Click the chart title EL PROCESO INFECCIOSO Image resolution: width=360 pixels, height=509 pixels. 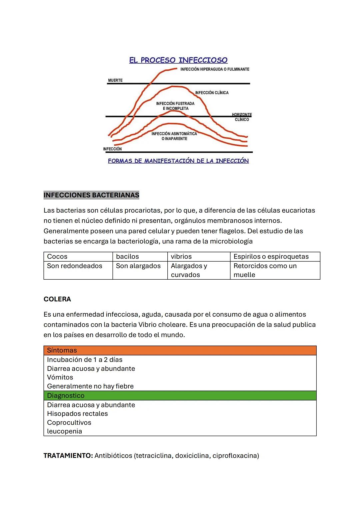click(178, 60)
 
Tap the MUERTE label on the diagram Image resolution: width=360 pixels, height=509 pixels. click(115, 80)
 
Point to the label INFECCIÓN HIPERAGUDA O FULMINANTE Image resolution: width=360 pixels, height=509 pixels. click(215, 69)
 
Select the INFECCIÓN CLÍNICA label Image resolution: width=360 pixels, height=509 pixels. click(212, 93)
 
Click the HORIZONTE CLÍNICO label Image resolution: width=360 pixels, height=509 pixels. click(242, 117)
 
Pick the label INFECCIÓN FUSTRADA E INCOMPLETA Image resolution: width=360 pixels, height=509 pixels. click(175, 106)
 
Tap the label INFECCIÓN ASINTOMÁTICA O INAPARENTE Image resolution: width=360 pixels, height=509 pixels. click(174, 136)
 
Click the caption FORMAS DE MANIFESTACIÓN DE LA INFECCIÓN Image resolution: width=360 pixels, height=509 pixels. click(178, 161)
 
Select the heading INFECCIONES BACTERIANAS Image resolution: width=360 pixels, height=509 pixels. click(91, 195)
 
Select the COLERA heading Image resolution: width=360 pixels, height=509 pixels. click(57, 299)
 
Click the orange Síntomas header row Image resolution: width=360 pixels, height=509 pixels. click(180, 350)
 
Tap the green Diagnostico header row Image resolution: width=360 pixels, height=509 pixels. click(180, 396)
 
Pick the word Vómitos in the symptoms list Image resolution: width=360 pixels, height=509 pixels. click(60, 377)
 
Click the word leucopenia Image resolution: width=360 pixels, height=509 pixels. click(64, 431)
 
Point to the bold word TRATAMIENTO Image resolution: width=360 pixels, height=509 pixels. click(68, 456)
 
